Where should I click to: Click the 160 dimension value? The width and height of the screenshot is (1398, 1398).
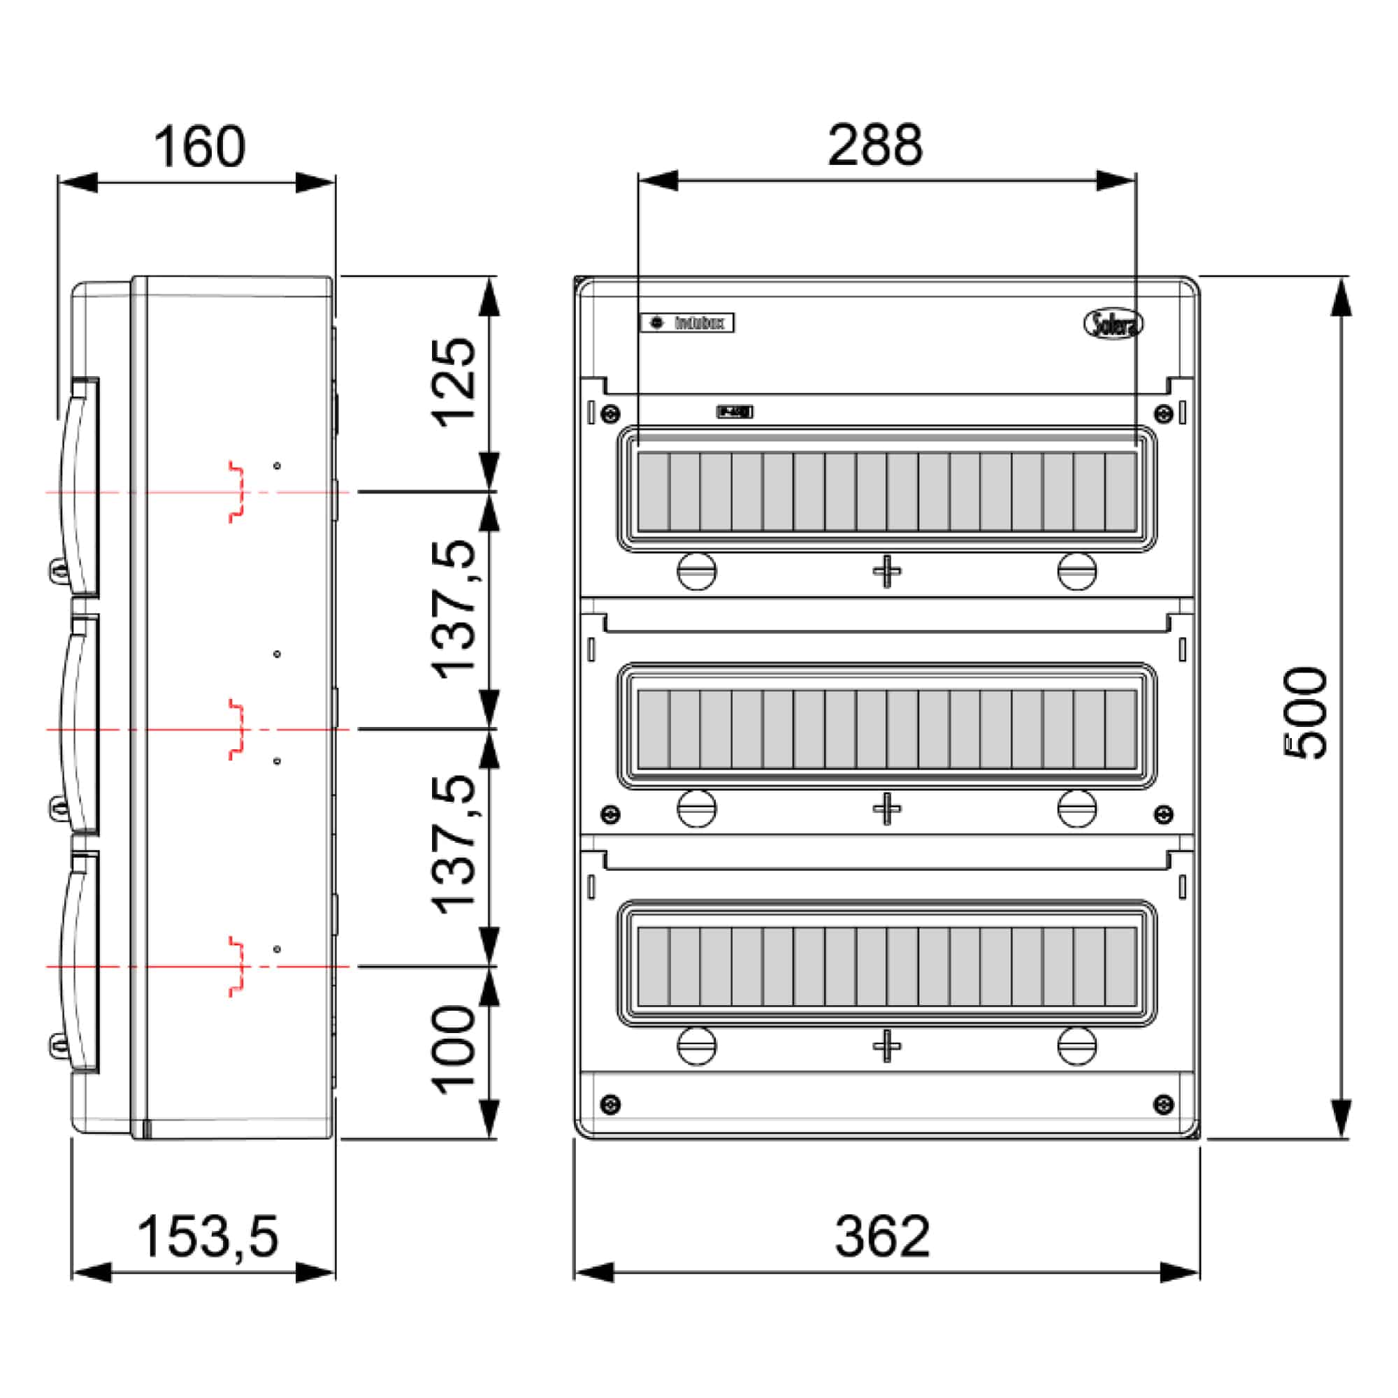[x=199, y=147]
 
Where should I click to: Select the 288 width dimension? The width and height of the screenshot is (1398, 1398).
[x=875, y=145]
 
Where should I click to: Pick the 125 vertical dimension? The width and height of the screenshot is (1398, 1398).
[x=454, y=383]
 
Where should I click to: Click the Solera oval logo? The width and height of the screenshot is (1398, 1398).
[x=1113, y=324]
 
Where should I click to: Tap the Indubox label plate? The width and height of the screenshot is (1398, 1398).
[x=686, y=323]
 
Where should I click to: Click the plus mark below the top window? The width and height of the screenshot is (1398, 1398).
[x=886, y=572]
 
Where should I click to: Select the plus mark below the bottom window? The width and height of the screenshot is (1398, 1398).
[x=886, y=1046]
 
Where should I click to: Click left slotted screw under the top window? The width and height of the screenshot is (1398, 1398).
[x=696, y=571]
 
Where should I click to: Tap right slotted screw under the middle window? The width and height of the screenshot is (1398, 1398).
[x=1076, y=808]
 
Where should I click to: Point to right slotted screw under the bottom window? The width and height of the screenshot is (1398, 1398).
[x=1076, y=1046]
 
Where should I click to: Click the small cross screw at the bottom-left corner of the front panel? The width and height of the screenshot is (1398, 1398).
[x=611, y=1105]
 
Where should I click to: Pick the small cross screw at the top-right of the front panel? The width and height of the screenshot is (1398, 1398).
[x=1164, y=414]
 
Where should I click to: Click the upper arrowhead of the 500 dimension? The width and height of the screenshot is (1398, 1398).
[x=1341, y=297]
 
